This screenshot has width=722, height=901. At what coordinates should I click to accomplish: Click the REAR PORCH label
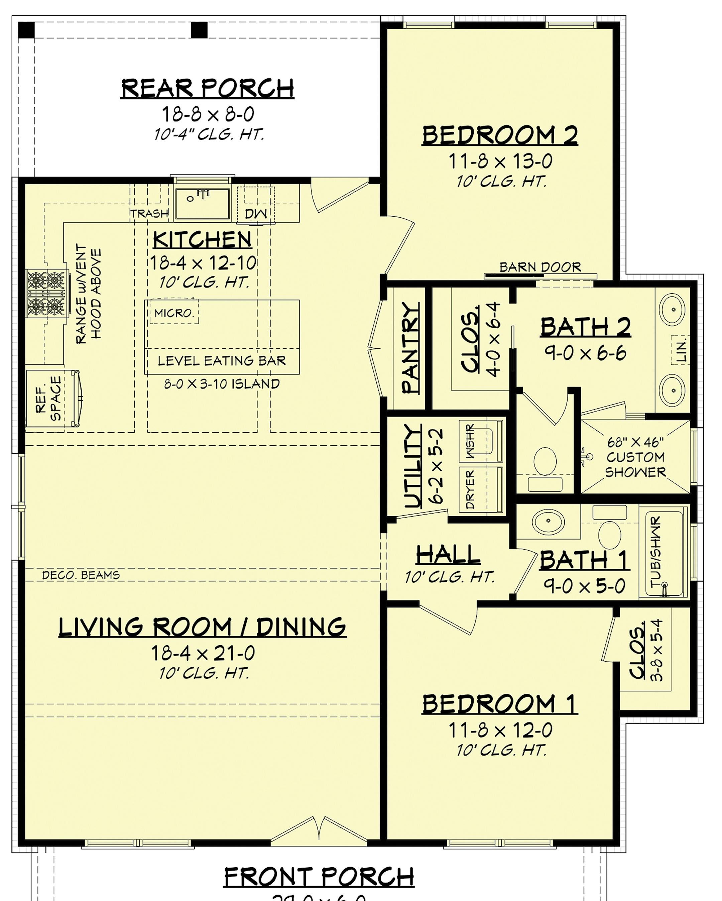(207, 88)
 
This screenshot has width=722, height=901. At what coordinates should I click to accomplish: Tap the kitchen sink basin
(202, 204)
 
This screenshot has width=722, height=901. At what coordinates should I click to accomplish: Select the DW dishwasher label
(256, 214)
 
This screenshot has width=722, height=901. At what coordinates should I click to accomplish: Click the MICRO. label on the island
(174, 313)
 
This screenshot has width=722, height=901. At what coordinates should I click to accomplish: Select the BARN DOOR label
(540, 267)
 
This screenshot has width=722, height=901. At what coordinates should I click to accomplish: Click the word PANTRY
(410, 348)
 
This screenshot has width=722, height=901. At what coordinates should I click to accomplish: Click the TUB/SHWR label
(655, 551)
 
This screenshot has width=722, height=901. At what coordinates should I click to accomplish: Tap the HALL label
(448, 555)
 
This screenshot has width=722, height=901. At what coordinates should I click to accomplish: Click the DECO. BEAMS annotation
(81, 575)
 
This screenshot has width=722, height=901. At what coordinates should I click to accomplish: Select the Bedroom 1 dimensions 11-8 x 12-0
(500, 730)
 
